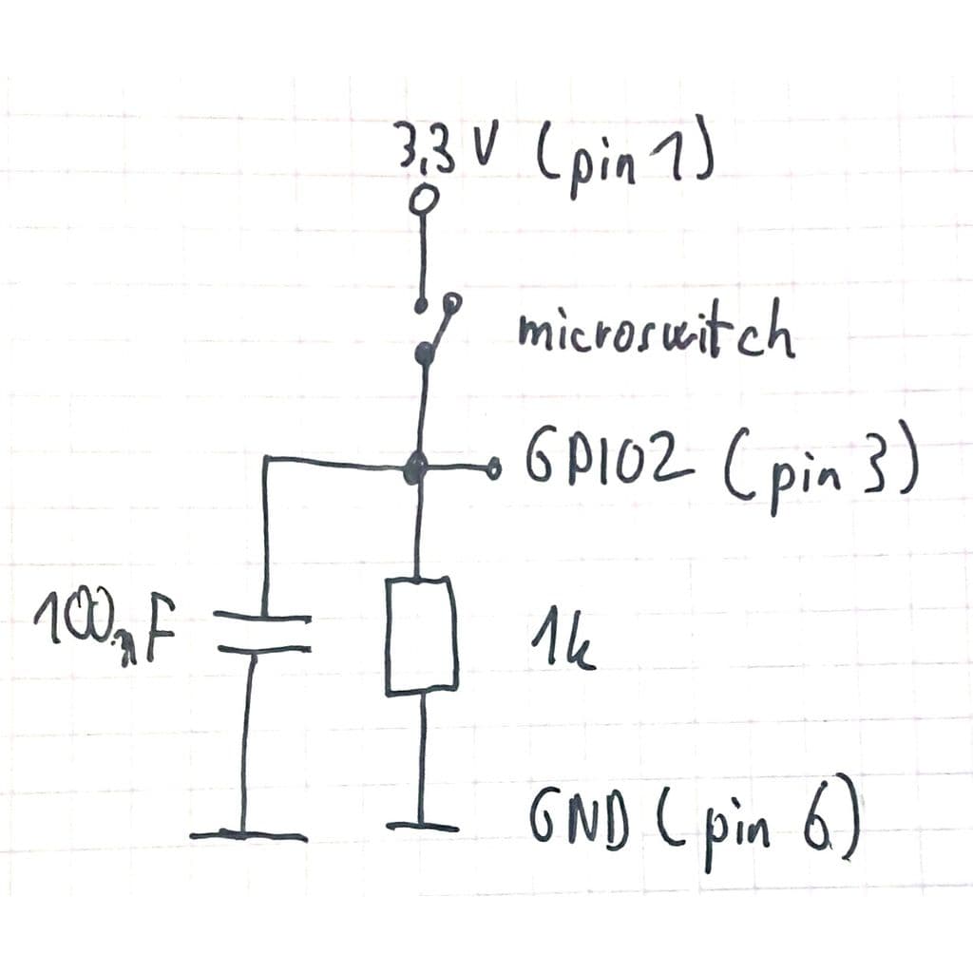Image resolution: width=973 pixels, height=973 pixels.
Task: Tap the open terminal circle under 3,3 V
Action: click(x=425, y=200)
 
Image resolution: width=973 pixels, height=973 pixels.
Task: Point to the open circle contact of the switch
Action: click(x=453, y=301)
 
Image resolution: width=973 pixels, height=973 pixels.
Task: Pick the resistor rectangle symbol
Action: click(x=422, y=635)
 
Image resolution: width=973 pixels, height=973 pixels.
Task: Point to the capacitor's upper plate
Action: click(x=262, y=617)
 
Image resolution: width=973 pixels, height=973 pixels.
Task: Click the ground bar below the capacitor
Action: click(x=248, y=834)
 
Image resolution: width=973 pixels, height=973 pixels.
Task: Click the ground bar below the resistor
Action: click(x=422, y=826)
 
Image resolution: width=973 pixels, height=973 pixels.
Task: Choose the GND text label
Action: click(x=580, y=819)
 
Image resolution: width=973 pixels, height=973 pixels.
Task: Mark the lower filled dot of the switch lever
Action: click(x=425, y=353)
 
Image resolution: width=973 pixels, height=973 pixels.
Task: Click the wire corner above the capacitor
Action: click(x=266, y=459)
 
